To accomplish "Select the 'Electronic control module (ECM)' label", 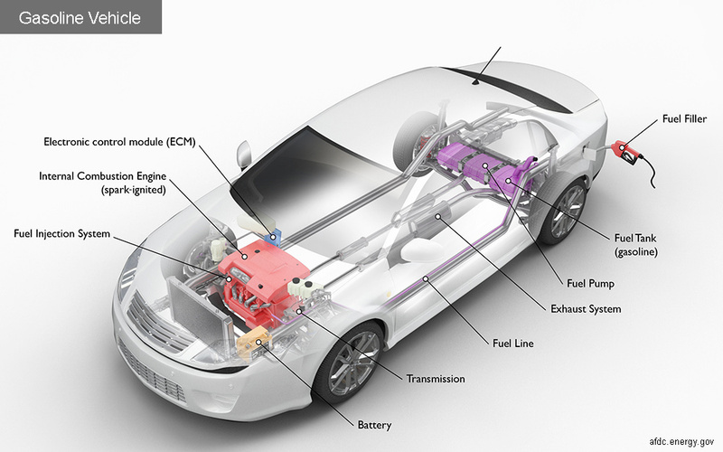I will click(119, 142).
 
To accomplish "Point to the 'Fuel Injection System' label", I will click(61, 234).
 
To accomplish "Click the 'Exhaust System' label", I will click(586, 309).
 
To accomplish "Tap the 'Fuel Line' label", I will click(514, 343).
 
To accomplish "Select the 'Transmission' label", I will click(436, 379).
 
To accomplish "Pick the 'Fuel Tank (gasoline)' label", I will click(635, 244).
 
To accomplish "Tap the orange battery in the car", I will click(253, 343).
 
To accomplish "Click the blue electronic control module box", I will click(273, 236).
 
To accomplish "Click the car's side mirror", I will click(241, 155).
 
